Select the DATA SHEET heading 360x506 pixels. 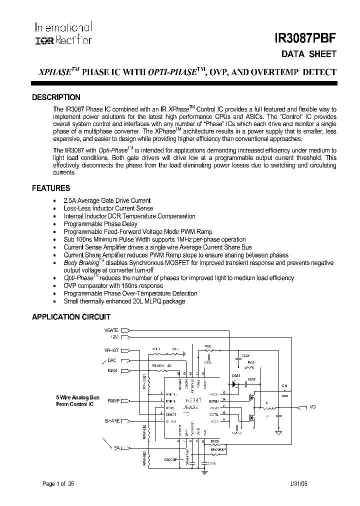pos(314,54)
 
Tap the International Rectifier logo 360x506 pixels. pos(63,33)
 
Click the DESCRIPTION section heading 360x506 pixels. pos(56,97)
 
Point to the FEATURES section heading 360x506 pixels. pos(51,188)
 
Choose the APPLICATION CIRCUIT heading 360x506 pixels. pos(71,317)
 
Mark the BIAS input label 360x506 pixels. pos(112,370)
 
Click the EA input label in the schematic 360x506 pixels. pos(116,447)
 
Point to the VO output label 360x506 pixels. pos(313,407)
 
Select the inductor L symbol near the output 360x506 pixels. pos(267,407)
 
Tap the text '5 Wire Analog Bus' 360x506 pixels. pos(77,397)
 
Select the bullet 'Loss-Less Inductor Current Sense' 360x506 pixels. pos(108,208)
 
